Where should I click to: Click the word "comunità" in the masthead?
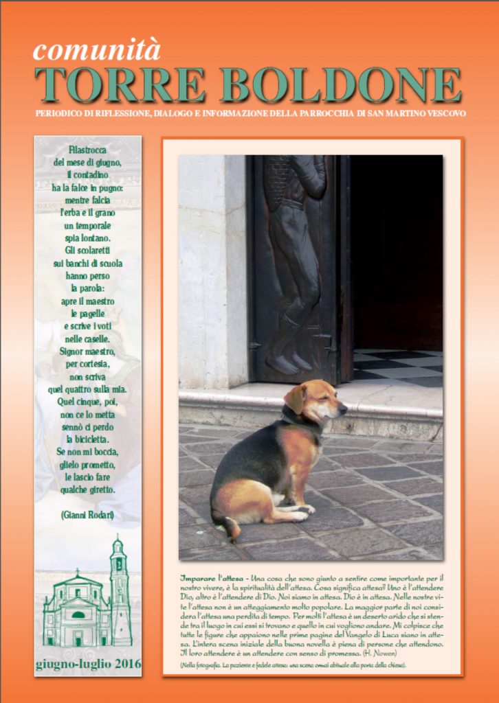[96, 50]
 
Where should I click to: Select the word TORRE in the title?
[120, 85]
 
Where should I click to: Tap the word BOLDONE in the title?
[340, 85]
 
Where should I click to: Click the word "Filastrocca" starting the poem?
[88, 150]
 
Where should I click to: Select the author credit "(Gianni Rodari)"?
[88, 514]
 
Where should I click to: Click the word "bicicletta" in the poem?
[88, 439]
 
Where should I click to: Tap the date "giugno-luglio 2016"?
[88, 664]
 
